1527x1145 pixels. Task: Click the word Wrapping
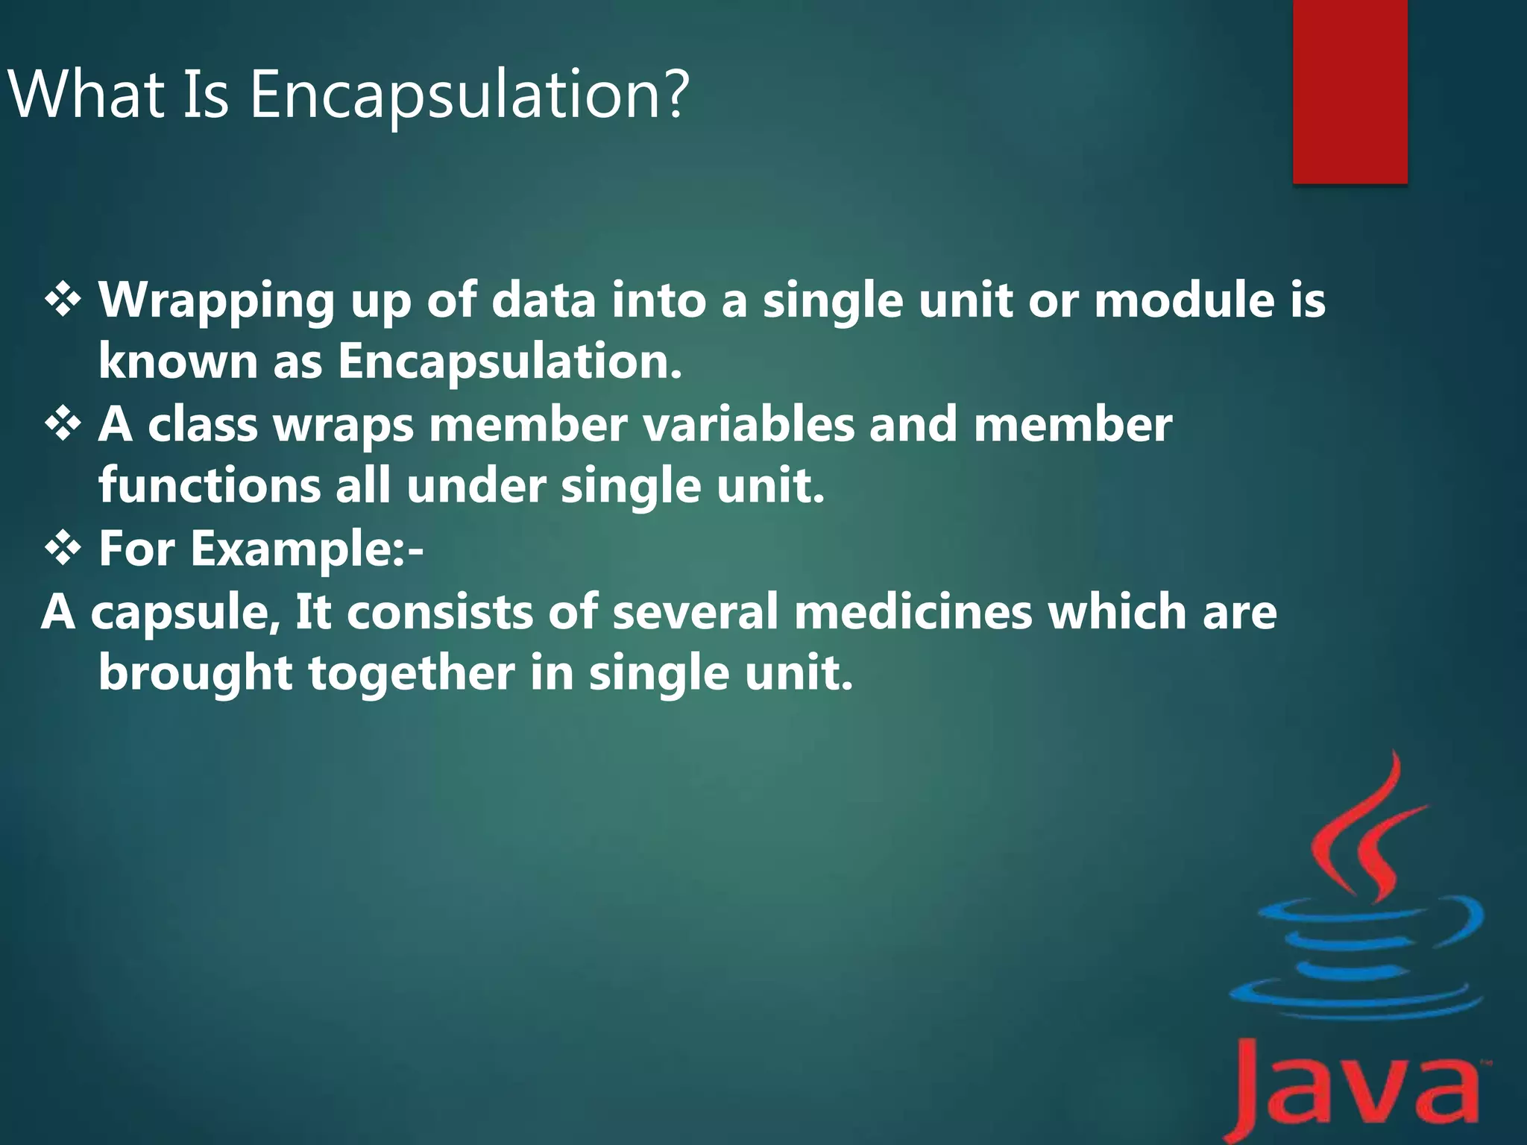[216, 302]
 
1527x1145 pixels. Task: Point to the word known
[177, 362]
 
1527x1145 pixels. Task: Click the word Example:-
[306, 550]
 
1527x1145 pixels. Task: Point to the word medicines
[913, 612]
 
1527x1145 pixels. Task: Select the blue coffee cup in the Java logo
[1353, 962]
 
